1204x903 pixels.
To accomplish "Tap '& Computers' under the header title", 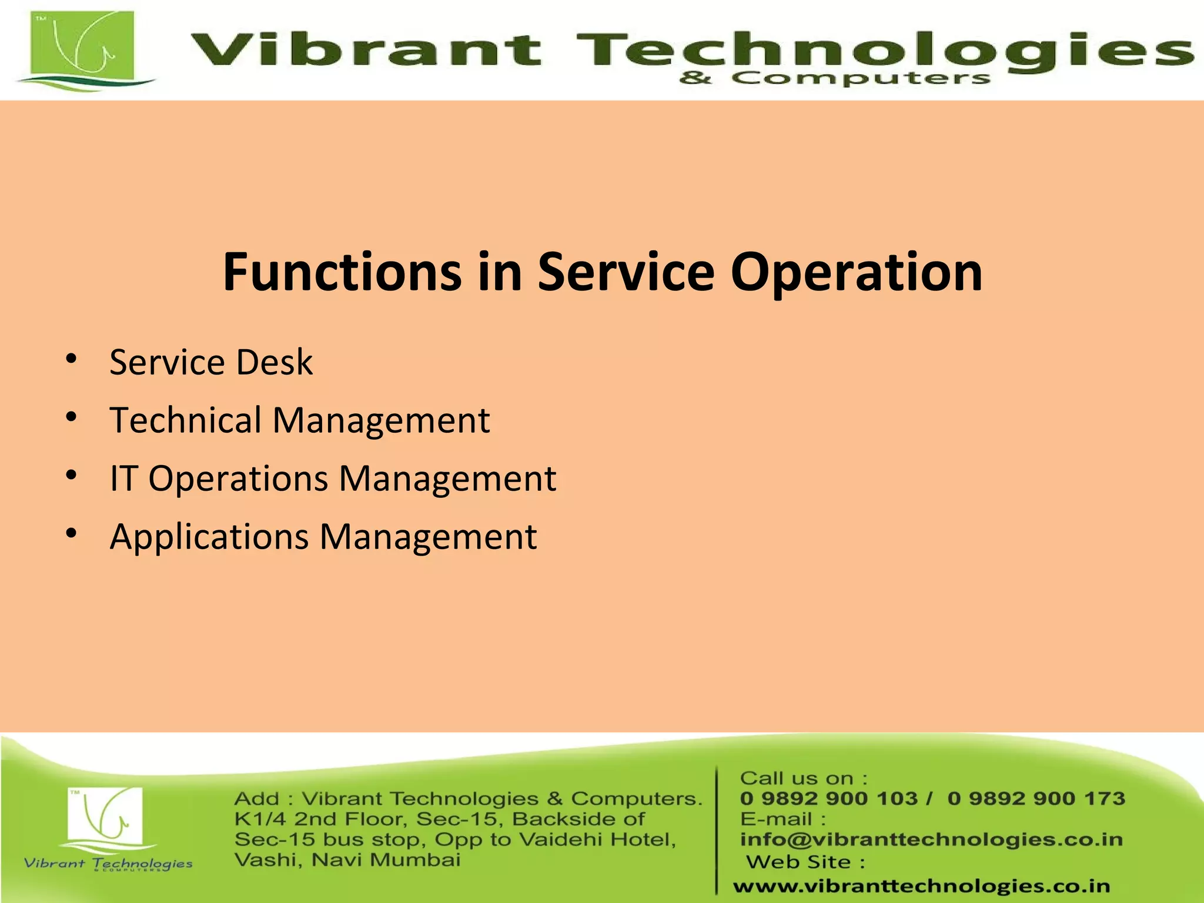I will (x=835, y=78).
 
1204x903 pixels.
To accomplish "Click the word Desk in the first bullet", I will (x=274, y=362).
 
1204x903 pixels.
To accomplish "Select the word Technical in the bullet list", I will (x=185, y=420).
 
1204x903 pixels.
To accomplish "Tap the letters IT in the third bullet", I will (x=123, y=478).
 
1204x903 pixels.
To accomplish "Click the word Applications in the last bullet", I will (x=209, y=537).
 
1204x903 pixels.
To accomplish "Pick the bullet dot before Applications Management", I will (x=71, y=533).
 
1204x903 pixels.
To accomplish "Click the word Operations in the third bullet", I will (x=238, y=479).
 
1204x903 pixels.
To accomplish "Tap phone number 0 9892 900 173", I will (x=1036, y=798).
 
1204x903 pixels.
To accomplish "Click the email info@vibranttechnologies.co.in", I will (x=931, y=840).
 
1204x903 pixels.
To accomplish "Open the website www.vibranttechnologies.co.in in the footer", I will (x=921, y=886).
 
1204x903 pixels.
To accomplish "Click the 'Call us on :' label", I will (x=803, y=778).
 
